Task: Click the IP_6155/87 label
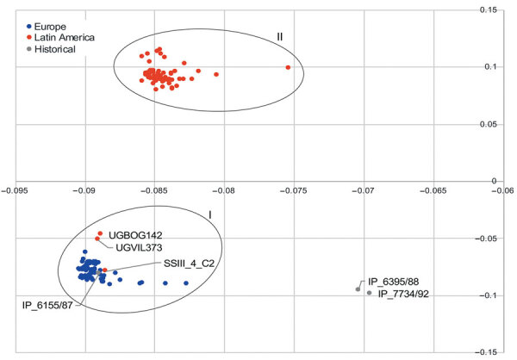[48, 303]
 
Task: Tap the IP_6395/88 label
[396, 282]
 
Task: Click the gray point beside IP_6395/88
[358, 289]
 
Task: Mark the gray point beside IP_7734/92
[370, 293]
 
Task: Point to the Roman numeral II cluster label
[280, 37]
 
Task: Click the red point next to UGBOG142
[100, 233]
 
